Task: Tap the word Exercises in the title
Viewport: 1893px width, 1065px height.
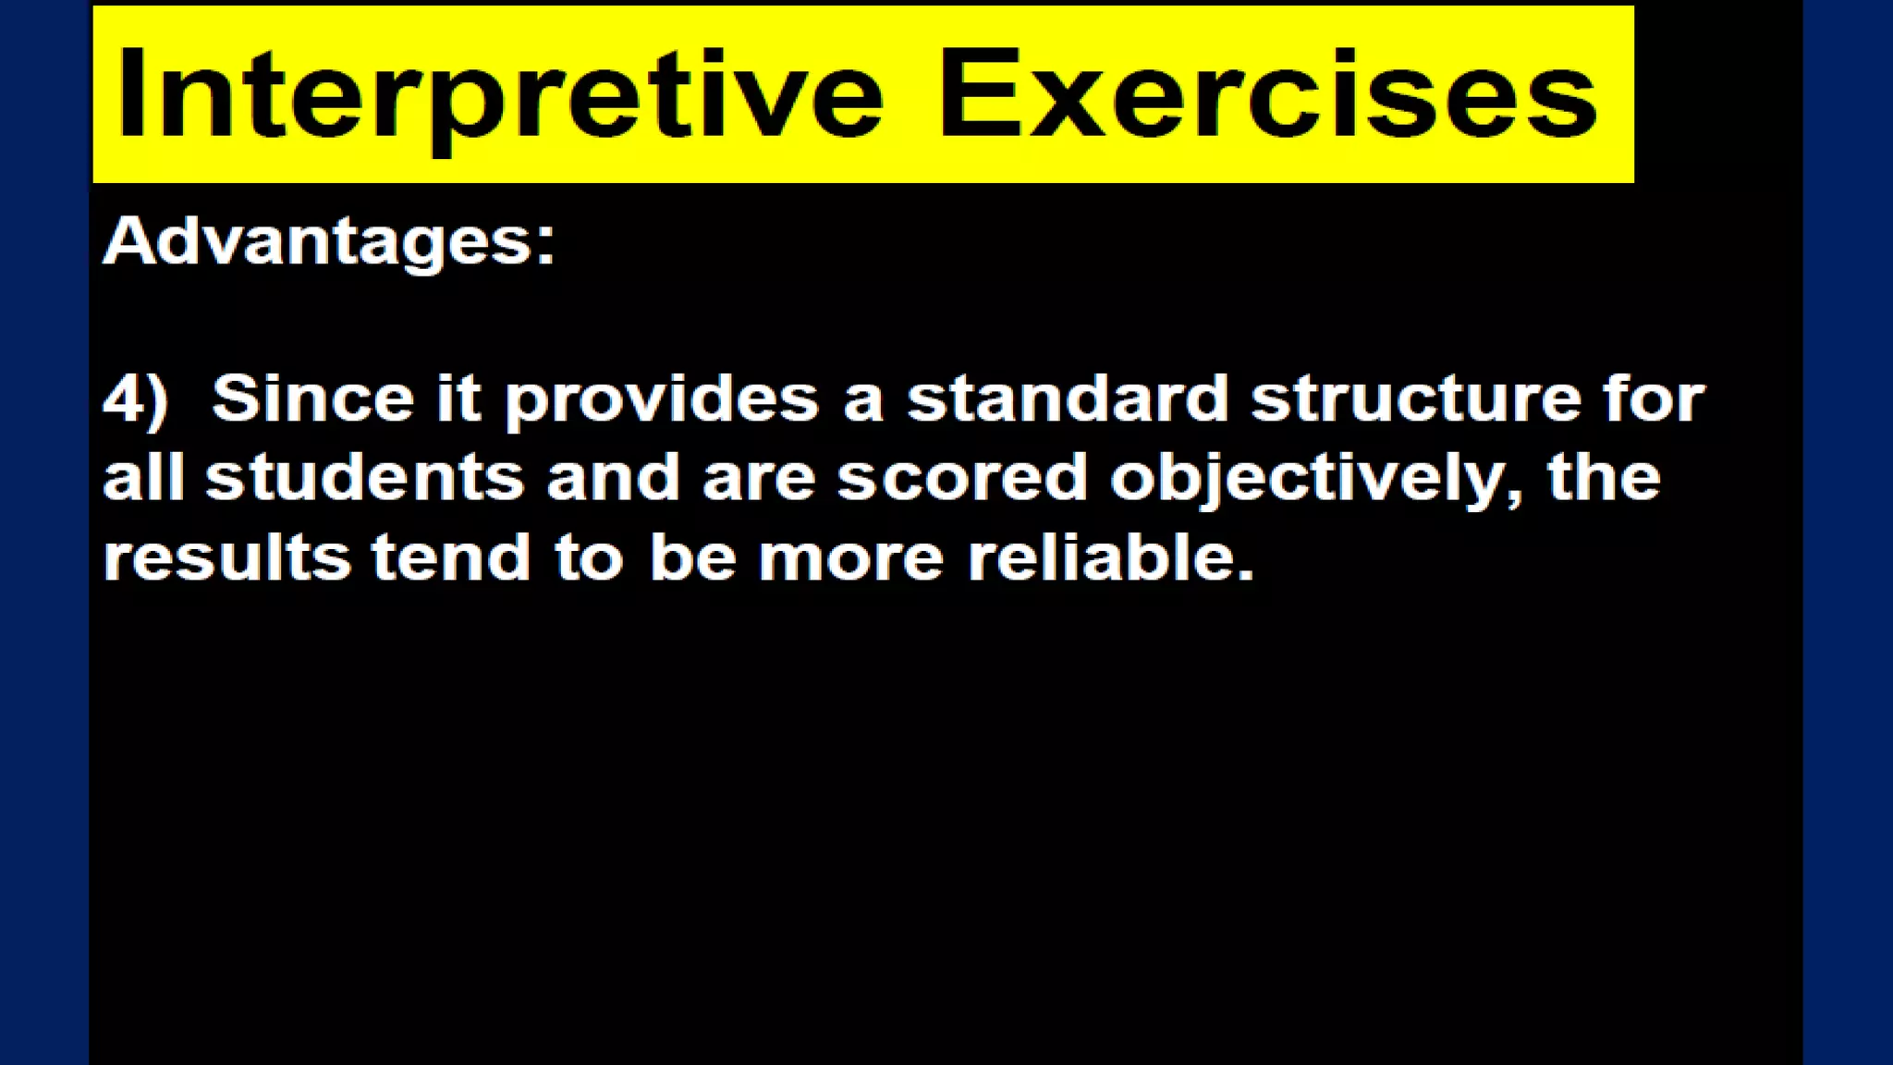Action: pos(1267,95)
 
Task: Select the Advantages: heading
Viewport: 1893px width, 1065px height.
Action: pos(329,241)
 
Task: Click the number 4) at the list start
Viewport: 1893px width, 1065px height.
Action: pos(135,400)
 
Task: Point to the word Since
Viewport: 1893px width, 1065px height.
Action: pos(312,398)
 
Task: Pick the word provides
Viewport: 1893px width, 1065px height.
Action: pos(662,400)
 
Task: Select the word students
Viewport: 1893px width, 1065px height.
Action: pos(364,478)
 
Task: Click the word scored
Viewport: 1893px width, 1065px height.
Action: pos(962,478)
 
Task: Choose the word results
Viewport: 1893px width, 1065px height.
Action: pos(226,557)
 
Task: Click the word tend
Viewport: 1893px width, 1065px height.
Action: pos(451,557)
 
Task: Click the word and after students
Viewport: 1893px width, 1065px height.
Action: pos(613,478)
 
